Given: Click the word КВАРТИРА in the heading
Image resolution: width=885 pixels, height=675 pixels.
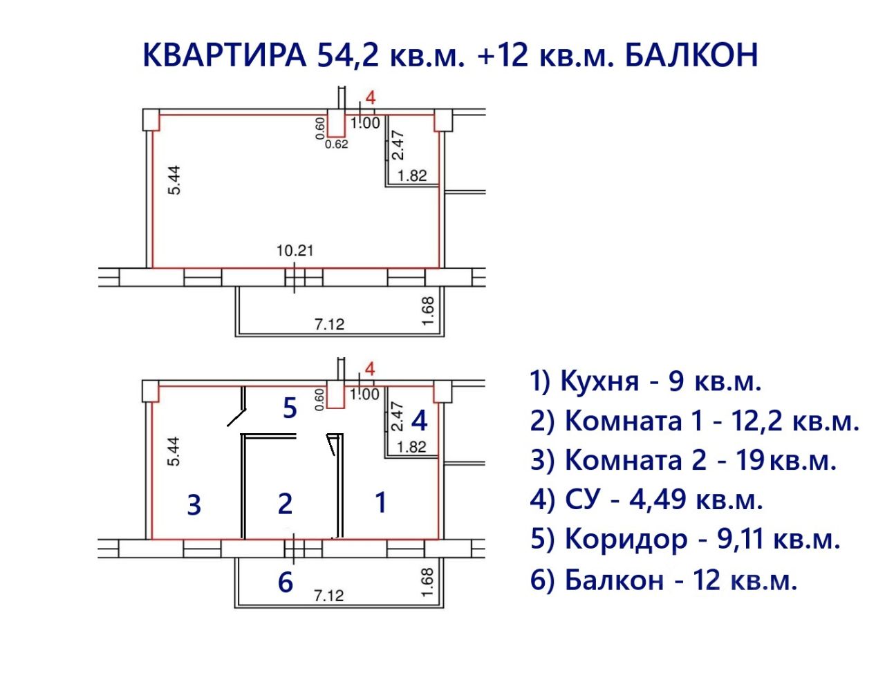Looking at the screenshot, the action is [224, 55].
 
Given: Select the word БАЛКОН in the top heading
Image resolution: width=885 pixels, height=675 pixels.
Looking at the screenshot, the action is [691, 55].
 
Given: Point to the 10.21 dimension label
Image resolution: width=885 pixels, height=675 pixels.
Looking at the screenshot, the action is [295, 250].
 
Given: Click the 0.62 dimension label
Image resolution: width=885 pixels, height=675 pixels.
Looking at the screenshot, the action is [336, 144].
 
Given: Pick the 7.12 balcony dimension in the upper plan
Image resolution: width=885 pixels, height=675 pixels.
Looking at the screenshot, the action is [329, 323].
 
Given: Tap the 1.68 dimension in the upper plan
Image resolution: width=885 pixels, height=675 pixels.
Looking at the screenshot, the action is [428, 312].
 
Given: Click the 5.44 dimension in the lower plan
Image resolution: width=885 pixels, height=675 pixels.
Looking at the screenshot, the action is [174, 450].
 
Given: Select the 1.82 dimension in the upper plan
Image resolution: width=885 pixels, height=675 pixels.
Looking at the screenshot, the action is [412, 175].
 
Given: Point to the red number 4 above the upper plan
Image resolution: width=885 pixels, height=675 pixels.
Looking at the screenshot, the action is [370, 97].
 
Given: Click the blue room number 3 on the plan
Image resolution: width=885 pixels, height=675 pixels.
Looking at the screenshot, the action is [194, 505].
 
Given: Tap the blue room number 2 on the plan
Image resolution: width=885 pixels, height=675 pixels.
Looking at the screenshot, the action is [285, 504].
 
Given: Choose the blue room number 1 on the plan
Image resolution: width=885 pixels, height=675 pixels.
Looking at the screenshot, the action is [380, 502].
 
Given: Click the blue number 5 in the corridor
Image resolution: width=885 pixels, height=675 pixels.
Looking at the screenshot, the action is [290, 408].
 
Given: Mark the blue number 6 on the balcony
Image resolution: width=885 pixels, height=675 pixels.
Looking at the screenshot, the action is [285, 582].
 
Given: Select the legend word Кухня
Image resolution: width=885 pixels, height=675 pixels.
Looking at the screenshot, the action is [599, 381].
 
